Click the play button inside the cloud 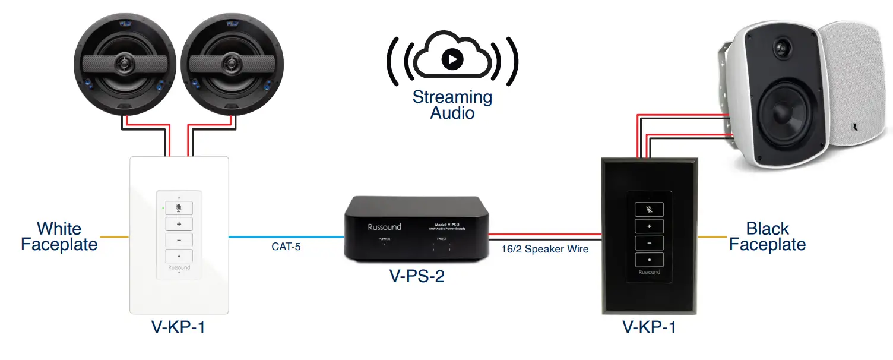coord(452,58)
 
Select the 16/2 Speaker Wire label coord(544,249)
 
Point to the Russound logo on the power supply coord(384,227)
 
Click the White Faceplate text coord(59,236)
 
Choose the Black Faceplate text coord(767,236)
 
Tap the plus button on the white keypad coord(179,224)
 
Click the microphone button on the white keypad coord(179,208)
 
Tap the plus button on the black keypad coord(649,226)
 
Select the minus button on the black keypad coord(649,243)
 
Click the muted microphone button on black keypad coord(649,210)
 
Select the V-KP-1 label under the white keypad coord(178,327)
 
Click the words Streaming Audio coord(452,105)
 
